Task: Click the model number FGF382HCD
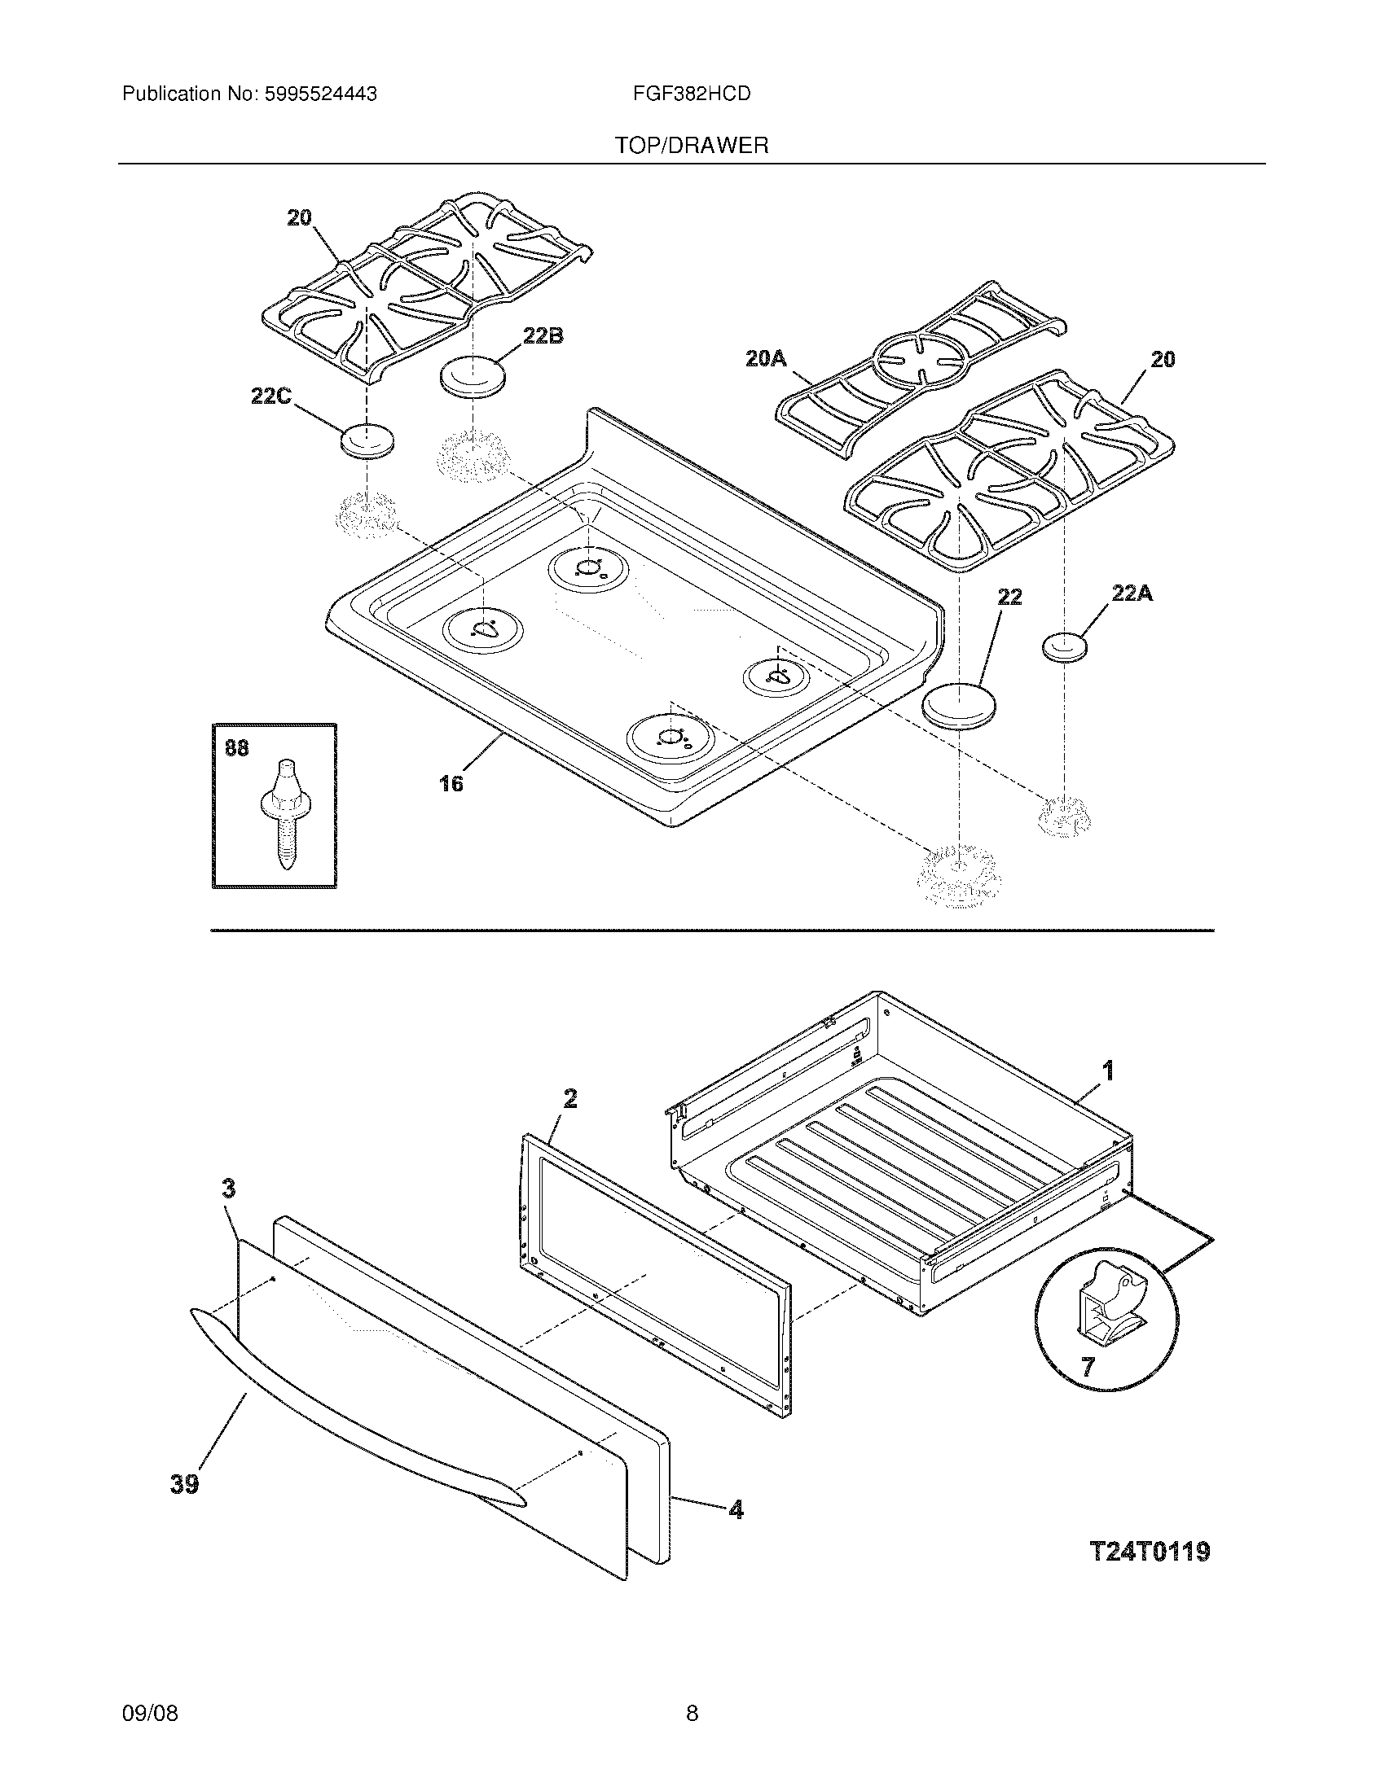click(692, 94)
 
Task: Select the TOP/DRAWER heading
click(692, 146)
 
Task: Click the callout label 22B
click(543, 336)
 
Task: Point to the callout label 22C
click(271, 396)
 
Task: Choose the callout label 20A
click(766, 358)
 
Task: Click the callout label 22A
click(1132, 593)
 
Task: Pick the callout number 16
click(451, 784)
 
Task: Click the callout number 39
click(185, 1483)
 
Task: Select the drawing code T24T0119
click(1150, 1552)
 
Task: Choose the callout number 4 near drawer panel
click(736, 1509)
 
